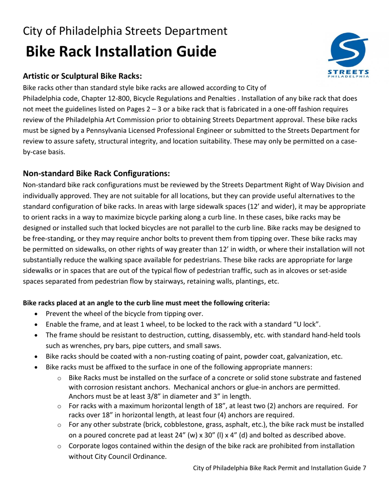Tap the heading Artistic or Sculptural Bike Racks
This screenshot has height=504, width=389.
tap(83, 76)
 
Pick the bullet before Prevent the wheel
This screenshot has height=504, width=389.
tap(37, 314)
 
